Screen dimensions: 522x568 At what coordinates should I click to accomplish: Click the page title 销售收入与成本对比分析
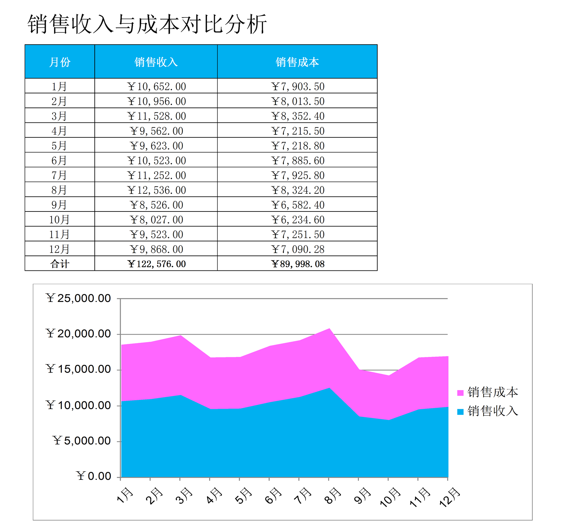147,24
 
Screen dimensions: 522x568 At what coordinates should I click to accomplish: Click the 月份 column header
60,62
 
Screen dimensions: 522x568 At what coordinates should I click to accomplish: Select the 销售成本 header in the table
297,62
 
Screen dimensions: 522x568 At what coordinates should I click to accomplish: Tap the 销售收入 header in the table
156,62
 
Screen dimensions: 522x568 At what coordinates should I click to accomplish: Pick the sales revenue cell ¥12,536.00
156,190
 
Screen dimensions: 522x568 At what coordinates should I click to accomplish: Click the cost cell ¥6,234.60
297,220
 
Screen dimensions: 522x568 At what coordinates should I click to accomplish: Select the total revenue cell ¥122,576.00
156,264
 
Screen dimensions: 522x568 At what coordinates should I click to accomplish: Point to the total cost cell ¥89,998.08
297,264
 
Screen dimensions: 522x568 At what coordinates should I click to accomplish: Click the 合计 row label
60,264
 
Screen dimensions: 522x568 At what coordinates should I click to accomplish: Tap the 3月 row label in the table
59,116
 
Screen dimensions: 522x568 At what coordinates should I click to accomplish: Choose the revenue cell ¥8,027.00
156,220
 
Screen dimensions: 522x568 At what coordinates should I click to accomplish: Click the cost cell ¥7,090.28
297,249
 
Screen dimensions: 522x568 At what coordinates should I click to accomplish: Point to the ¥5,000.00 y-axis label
82,441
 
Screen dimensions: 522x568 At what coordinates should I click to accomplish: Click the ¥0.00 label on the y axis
94,476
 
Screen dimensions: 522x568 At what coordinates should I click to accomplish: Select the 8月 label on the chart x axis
333,495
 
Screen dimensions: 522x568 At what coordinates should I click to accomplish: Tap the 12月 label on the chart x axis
449,497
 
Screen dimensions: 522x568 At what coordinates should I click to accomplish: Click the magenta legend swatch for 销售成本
460,393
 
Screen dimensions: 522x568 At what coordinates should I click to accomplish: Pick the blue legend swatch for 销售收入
460,412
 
